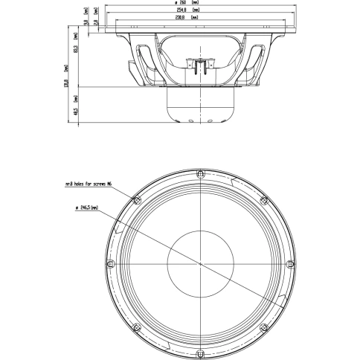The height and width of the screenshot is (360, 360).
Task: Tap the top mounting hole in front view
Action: (200, 173)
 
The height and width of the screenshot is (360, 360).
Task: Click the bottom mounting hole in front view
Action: (200, 356)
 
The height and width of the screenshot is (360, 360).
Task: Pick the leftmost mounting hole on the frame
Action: (109, 265)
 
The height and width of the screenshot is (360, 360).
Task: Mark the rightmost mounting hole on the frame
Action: (291, 265)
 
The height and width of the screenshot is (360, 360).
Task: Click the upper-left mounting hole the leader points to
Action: (135, 200)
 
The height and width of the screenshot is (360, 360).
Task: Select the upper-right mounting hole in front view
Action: (265, 200)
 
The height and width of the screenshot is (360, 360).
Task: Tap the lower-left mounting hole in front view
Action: (135, 329)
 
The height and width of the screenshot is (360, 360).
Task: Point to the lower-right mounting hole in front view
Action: (265, 329)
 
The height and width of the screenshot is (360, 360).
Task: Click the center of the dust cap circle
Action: (200, 265)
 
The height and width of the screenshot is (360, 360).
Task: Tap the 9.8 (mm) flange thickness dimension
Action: (87, 23)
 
